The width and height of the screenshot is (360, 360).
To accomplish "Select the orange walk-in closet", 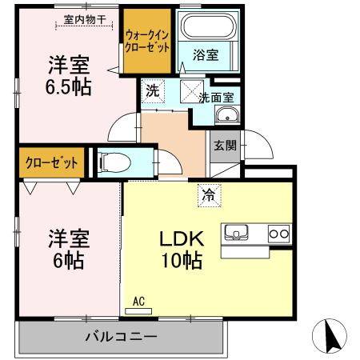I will click(x=148, y=41).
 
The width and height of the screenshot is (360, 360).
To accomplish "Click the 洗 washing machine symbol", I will click(x=152, y=90).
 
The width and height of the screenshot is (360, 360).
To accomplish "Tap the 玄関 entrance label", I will click(x=224, y=146).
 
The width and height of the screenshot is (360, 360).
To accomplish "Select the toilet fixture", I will click(x=110, y=162).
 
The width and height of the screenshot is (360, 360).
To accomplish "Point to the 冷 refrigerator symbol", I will click(x=207, y=193).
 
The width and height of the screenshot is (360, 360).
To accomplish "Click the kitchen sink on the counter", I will click(x=238, y=233).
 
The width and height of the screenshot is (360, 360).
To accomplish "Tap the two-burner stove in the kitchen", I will click(x=277, y=233).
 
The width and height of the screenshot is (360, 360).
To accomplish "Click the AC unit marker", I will click(x=138, y=303).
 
